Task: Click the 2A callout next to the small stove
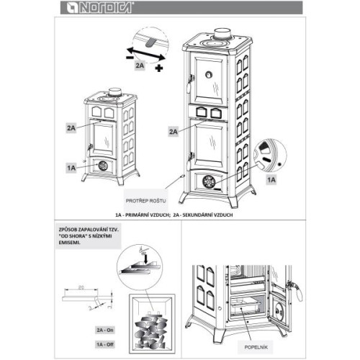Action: [71, 127]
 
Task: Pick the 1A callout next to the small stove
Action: [71, 167]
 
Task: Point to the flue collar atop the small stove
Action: [114, 92]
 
